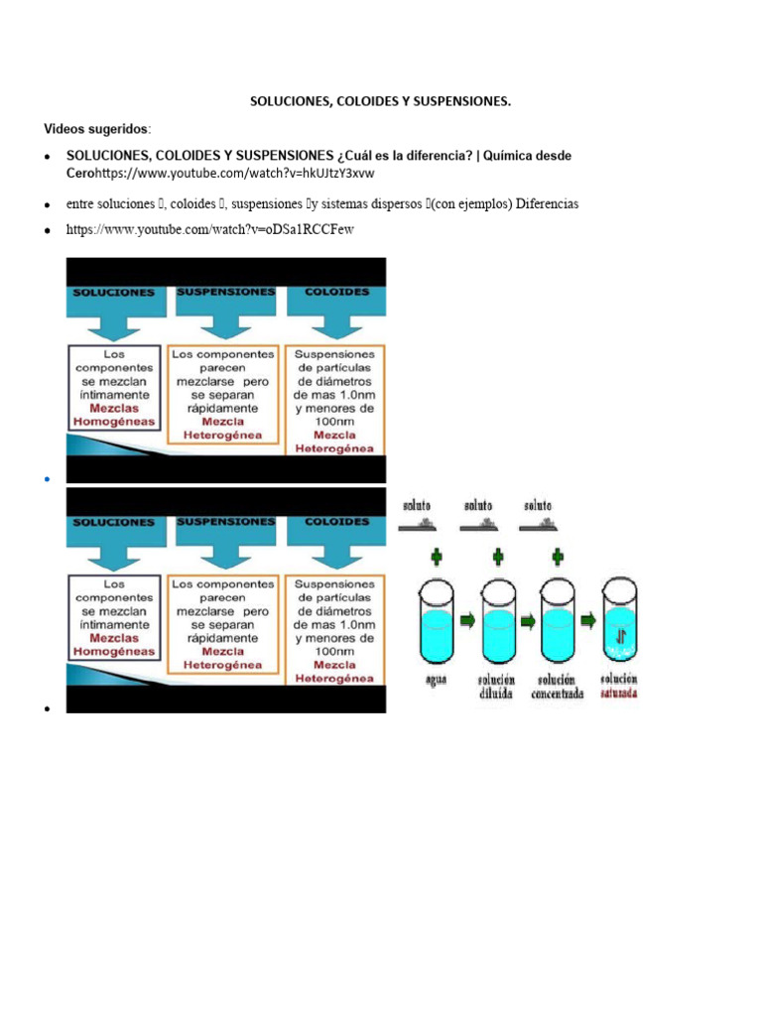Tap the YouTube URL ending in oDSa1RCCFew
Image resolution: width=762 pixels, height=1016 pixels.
click(x=209, y=230)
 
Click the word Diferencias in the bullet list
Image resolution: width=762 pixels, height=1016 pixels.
click(x=540, y=203)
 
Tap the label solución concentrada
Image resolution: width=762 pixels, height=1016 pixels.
click(x=558, y=687)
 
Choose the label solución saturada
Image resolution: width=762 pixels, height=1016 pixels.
click(x=618, y=687)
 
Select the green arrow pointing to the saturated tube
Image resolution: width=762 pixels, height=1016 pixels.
click(x=588, y=622)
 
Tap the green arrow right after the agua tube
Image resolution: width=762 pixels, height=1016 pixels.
click(x=467, y=622)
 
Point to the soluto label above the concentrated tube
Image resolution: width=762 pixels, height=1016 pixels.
click(x=538, y=506)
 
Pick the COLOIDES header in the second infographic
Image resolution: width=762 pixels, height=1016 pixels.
click(x=337, y=521)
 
